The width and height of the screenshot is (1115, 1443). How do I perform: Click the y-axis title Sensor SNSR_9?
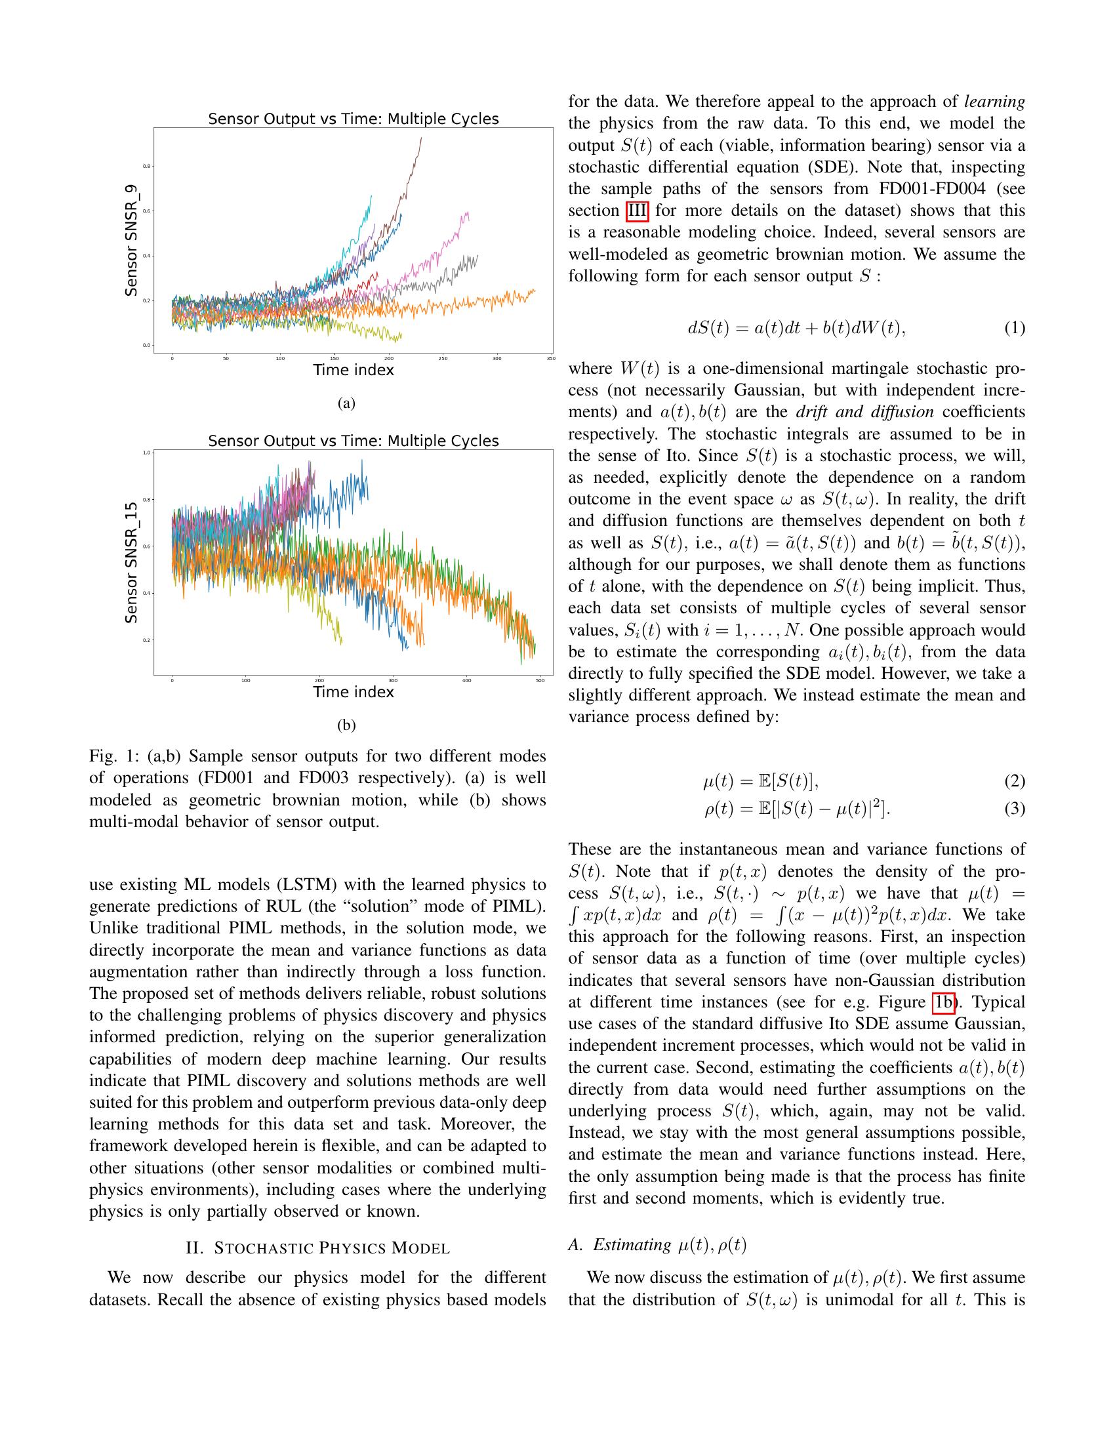131,241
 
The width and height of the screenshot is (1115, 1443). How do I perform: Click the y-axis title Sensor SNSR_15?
131,563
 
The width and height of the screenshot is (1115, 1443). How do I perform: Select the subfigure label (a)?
346,403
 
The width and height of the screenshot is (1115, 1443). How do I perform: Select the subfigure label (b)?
346,725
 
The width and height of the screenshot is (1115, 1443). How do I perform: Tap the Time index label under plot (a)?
354,370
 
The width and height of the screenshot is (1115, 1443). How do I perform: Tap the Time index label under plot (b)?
354,692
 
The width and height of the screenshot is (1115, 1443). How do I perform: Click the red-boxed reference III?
637,211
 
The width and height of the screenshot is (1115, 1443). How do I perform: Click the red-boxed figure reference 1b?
944,1002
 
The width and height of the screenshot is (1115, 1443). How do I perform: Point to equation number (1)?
1015,328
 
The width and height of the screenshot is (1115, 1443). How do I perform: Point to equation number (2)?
1015,781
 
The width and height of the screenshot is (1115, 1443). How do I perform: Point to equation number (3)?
1015,808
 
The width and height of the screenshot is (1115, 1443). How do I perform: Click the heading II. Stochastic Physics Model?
317,1248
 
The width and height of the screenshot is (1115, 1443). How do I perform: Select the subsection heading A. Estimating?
657,1245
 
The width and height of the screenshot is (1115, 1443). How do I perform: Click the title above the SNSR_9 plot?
354,119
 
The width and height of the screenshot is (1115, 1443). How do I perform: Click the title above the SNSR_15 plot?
354,441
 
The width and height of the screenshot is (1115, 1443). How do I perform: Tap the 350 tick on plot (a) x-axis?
550,359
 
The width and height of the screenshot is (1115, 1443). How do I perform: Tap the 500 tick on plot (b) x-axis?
540,681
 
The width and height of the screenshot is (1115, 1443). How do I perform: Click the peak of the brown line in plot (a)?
421,138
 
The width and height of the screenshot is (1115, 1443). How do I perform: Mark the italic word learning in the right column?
994,101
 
